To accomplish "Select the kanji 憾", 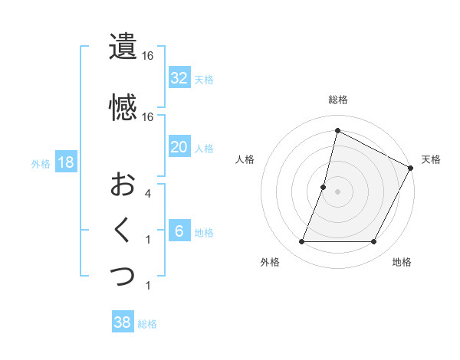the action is pyautogui.click(x=123, y=108).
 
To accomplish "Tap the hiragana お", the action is pyautogui.click(x=123, y=185).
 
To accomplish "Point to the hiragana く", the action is pyautogui.click(x=123, y=231).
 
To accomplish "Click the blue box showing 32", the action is pyautogui.click(x=179, y=78).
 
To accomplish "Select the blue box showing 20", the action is pyautogui.click(x=179, y=147).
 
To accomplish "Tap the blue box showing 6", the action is pyautogui.click(x=179, y=232).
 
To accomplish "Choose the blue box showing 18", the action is pyautogui.click(x=66, y=162).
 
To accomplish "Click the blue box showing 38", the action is pyautogui.click(x=123, y=323).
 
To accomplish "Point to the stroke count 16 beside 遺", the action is pyautogui.click(x=147, y=56).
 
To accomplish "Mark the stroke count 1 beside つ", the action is pyautogui.click(x=147, y=286).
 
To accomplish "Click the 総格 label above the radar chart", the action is pyautogui.click(x=338, y=100).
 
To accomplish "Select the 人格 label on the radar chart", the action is pyautogui.click(x=245, y=159).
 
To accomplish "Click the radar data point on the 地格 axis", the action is pyautogui.click(x=374, y=242).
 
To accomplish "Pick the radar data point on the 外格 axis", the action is pyautogui.click(x=301, y=242).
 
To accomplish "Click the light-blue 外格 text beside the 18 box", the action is pyautogui.click(x=41, y=163).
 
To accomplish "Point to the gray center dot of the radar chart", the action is pyautogui.click(x=337, y=191).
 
